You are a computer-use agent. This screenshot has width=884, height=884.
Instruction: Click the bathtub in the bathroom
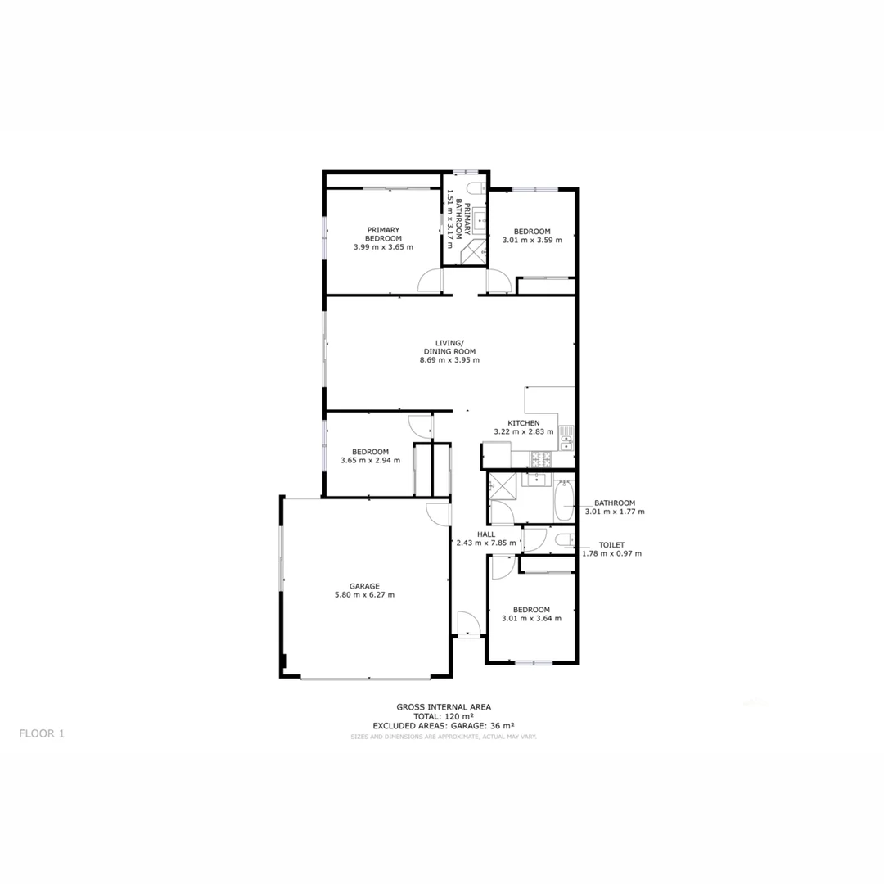coord(565,501)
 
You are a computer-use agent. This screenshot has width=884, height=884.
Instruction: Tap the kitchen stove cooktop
coord(542,459)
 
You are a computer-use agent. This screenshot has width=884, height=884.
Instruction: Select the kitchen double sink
coord(566,443)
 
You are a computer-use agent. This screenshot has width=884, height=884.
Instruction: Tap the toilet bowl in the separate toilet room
coord(564,540)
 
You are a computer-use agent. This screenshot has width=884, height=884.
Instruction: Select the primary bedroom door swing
coord(431,282)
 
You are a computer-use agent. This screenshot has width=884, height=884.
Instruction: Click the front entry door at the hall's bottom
coord(468,624)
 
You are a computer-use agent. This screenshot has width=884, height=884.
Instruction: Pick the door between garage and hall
coord(439,512)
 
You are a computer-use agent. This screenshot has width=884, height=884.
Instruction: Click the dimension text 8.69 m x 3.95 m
coord(444,360)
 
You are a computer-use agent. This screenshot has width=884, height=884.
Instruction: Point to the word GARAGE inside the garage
coord(364,586)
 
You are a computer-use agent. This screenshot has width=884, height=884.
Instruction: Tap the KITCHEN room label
coord(523,423)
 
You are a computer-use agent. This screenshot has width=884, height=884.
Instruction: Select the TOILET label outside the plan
coord(611,544)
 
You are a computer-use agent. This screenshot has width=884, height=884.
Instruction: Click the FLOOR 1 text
coord(41,733)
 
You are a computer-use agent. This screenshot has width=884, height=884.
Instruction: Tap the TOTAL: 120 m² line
coord(443,716)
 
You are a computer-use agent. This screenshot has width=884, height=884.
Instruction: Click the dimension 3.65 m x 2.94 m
coord(370,460)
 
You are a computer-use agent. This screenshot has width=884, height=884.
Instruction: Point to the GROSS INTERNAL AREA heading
coord(443,706)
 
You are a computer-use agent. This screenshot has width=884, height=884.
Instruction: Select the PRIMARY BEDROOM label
coord(383,234)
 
